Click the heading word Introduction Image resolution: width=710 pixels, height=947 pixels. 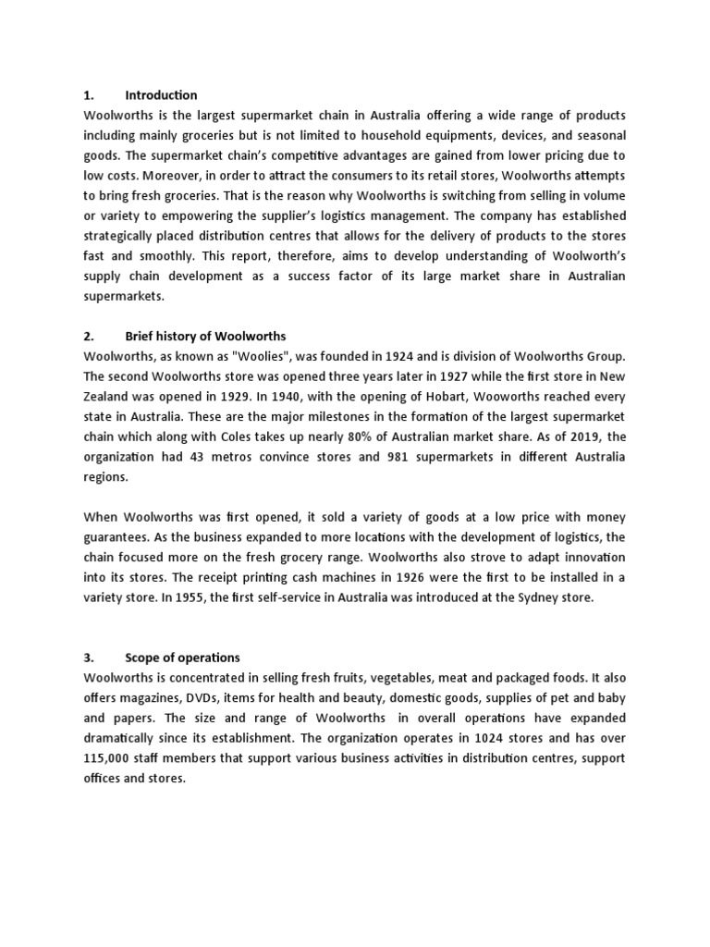click(161, 95)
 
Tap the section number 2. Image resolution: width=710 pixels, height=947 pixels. click(88, 336)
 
